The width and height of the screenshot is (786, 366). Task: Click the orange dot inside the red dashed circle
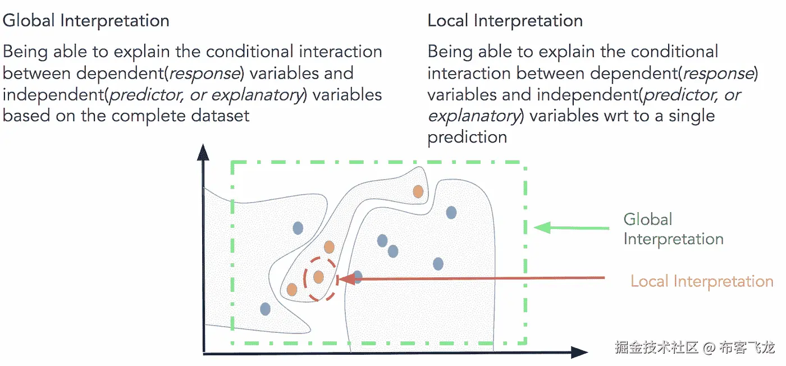point(318,277)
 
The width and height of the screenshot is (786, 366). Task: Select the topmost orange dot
point(418,191)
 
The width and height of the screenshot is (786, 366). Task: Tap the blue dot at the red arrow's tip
point(357,277)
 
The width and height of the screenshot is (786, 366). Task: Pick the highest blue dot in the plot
point(451,213)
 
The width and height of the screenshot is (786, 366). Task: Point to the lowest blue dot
point(266,309)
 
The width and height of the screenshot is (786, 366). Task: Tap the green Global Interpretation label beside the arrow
point(673,229)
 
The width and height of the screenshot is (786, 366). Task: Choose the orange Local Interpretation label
point(702,281)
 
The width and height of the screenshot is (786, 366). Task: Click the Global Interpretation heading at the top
point(86,21)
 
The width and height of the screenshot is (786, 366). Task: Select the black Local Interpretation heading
point(505,21)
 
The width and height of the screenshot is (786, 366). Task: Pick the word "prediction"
point(467,138)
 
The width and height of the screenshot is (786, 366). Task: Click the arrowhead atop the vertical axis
point(203,152)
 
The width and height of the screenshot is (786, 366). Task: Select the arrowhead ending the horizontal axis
point(579,353)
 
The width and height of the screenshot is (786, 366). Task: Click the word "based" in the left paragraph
point(29,116)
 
